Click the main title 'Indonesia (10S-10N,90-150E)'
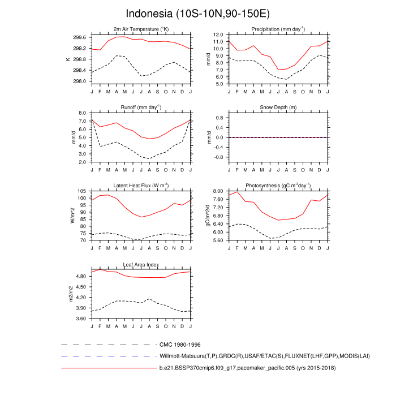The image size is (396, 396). pos(197,12)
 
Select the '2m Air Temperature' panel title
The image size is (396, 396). pos(141,29)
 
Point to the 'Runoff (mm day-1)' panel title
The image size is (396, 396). pos(141,107)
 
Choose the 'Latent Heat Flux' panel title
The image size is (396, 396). pos(141,185)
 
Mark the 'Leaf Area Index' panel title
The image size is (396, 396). pos(141,264)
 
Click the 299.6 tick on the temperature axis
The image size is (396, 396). pos(79,37)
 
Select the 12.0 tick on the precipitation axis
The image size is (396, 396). pos(218,35)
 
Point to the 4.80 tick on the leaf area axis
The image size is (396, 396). pos(80,276)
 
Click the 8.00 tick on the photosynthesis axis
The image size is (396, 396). pos(218,191)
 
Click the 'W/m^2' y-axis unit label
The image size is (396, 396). pos(73,216)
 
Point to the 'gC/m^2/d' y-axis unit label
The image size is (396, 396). pos(208,216)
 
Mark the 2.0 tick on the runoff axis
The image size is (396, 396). pos(82,162)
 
